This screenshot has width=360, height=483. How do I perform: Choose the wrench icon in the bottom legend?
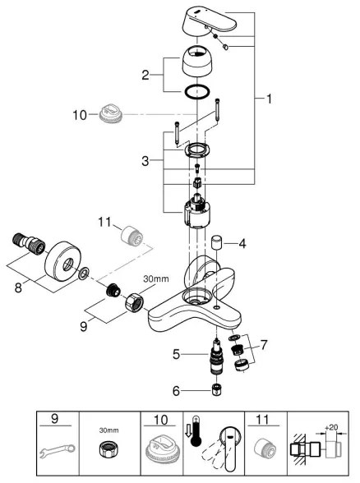[x=58, y=447]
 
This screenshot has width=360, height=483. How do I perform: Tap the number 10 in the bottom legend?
[x=160, y=420]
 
